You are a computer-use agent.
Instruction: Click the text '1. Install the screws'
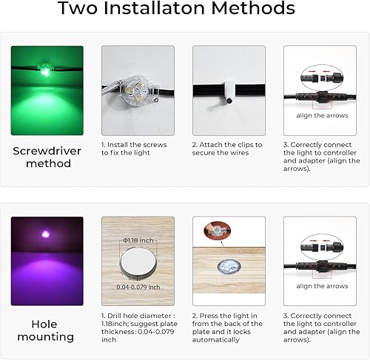coord(134,144)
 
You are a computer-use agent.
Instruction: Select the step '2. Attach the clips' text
coord(227,144)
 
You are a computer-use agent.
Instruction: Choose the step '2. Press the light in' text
coord(227,314)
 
